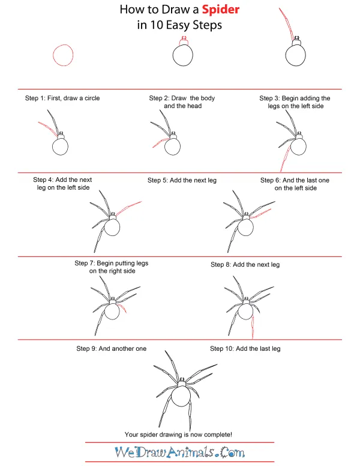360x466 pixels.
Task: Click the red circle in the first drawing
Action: pyautogui.click(x=63, y=55)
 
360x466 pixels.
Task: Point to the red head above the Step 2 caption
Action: pyautogui.click(x=184, y=41)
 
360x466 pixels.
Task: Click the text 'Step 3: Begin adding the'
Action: pyautogui.click(x=295, y=98)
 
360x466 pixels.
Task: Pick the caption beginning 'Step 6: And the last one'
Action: pyautogui.click(x=295, y=180)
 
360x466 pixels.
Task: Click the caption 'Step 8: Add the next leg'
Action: pyautogui.click(x=245, y=264)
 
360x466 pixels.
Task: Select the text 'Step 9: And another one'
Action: pyautogui.click(x=111, y=348)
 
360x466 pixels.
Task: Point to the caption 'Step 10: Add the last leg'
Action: pyautogui.click(x=245, y=348)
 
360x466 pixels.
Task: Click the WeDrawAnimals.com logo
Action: pyautogui.click(x=181, y=452)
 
